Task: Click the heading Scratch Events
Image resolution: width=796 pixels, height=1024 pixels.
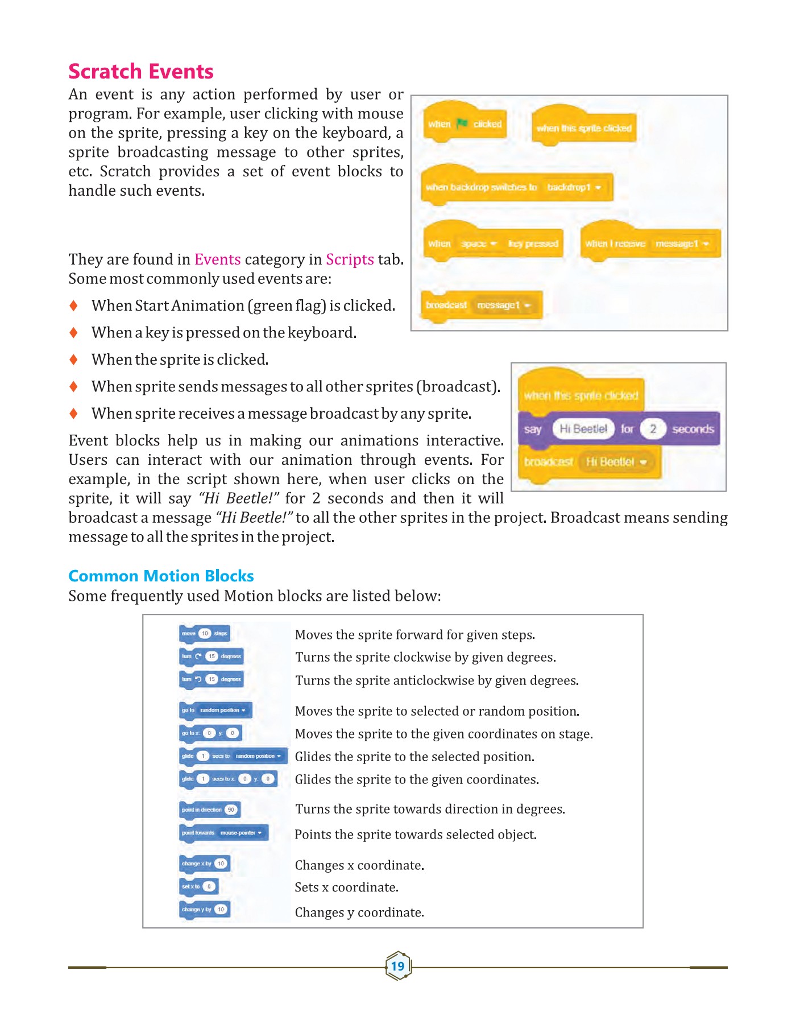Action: click(141, 72)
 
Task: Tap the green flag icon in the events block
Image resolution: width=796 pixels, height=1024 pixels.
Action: click(462, 123)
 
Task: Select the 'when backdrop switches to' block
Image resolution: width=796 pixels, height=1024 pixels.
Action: click(516, 187)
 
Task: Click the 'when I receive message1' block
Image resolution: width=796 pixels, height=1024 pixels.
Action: click(650, 243)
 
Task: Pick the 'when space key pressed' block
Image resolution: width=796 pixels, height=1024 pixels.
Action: click(493, 243)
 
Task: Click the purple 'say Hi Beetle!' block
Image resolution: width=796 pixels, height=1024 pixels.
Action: click(619, 429)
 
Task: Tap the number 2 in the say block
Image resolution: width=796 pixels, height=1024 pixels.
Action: click(653, 429)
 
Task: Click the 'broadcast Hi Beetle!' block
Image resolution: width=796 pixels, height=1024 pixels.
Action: click(590, 462)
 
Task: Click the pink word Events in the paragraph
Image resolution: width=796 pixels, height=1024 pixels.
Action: click(218, 259)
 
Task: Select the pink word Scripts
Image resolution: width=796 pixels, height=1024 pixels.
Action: click(350, 259)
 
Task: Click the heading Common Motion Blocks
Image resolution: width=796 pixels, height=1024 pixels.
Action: click(161, 576)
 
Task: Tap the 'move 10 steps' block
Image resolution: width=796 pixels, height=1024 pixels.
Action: click(205, 633)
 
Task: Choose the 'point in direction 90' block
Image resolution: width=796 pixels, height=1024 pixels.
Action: click(209, 810)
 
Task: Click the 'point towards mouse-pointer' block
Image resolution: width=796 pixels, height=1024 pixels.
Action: click(223, 833)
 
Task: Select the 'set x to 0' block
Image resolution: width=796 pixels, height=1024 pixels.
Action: click(198, 886)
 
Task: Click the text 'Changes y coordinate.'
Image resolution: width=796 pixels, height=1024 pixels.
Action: click(359, 912)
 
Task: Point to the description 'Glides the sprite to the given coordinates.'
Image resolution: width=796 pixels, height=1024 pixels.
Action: click(417, 779)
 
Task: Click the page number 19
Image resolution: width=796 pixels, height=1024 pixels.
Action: click(398, 966)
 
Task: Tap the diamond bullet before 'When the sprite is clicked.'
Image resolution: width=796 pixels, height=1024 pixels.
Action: click(73, 360)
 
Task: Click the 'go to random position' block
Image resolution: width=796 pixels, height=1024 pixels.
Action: click(215, 710)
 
